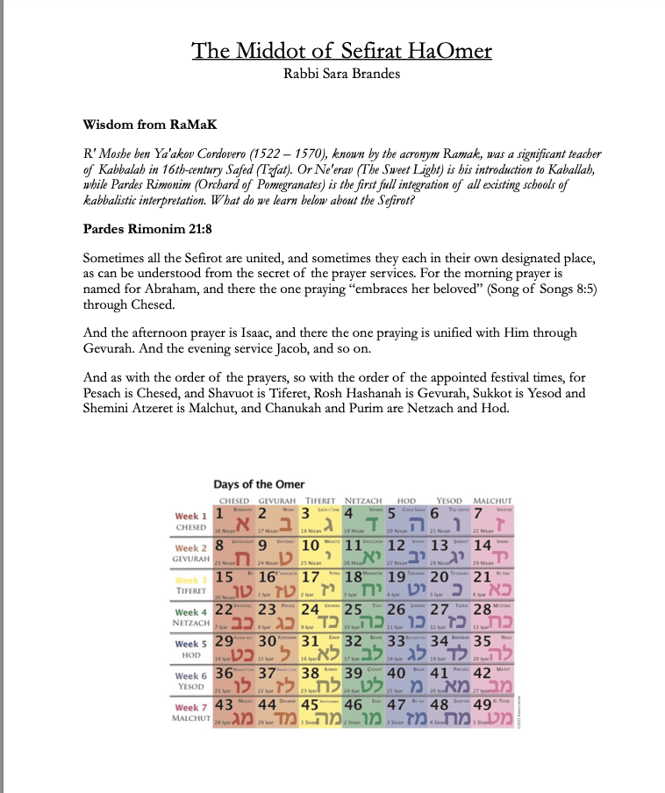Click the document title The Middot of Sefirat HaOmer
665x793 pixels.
[x=341, y=51]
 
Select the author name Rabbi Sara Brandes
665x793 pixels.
[x=341, y=74]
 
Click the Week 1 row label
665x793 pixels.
[x=192, y=516]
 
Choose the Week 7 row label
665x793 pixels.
[x=192, y=707]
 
